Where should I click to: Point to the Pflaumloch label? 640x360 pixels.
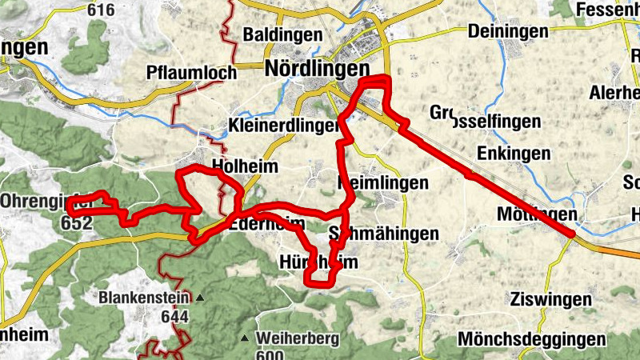[192, 73]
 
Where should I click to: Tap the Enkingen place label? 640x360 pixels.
[513, 153]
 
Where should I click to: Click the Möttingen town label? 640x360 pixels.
[536, 214]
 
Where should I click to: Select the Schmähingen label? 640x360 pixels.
[384, 234]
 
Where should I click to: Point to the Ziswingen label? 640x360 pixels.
[551, 300]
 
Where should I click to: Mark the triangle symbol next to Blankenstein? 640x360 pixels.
[199, 298]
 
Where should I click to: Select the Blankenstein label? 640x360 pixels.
[145, 298]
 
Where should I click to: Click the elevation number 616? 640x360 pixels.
[102, 10]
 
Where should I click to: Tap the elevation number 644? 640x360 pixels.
[174, 317]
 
